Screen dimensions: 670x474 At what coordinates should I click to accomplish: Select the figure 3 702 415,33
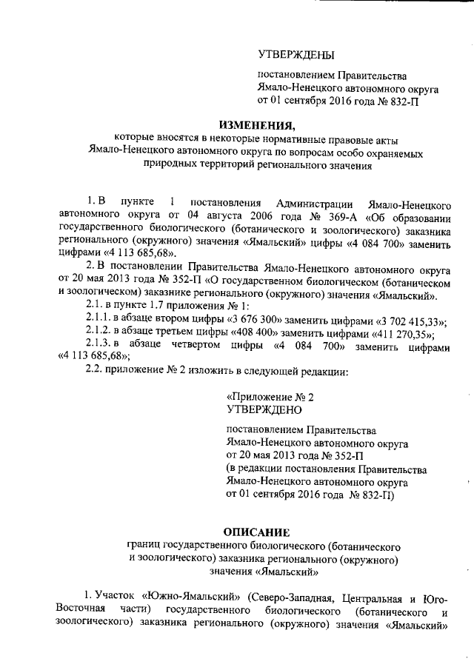401,319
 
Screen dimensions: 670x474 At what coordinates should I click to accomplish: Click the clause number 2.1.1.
100,319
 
